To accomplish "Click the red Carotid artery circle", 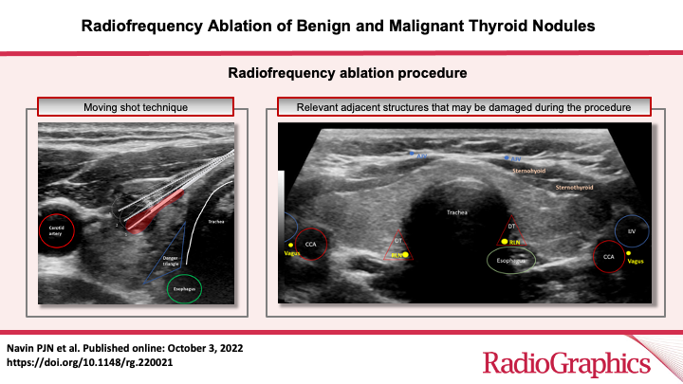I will [x=60, y=231].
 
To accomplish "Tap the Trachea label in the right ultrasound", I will [x=458, y=212].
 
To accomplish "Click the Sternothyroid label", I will [x=574, y=188].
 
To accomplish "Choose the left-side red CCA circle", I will [x=310, y=244].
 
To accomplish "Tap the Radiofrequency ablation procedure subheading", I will [x=341, y=71].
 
